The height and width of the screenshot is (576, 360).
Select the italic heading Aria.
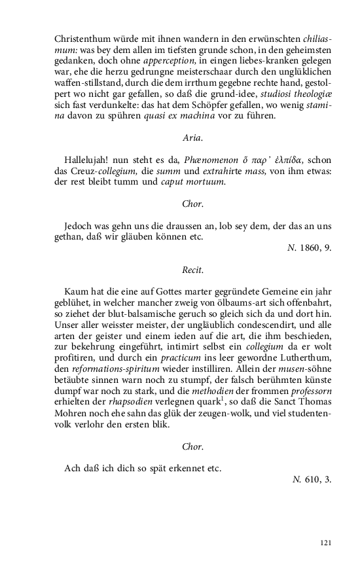coord(193,137)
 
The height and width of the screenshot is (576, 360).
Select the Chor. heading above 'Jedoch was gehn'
coord(193,204)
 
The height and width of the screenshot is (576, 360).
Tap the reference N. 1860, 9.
coord(310,248)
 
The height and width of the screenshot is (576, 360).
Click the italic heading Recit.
coord(193,269)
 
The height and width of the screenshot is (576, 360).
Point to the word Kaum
coord(77,291)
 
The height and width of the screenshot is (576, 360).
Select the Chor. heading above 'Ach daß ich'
coord(193,446)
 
